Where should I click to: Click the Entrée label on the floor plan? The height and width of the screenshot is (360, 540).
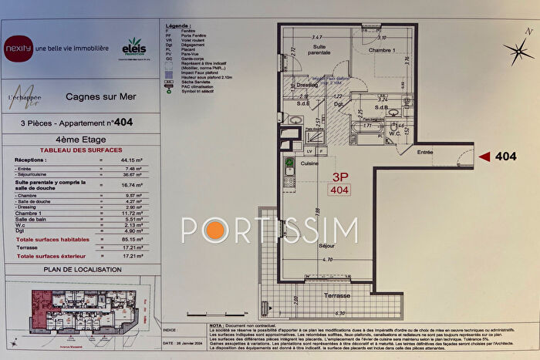(x=427, y=153)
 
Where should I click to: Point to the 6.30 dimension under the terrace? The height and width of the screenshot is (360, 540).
(x=340, y=314)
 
